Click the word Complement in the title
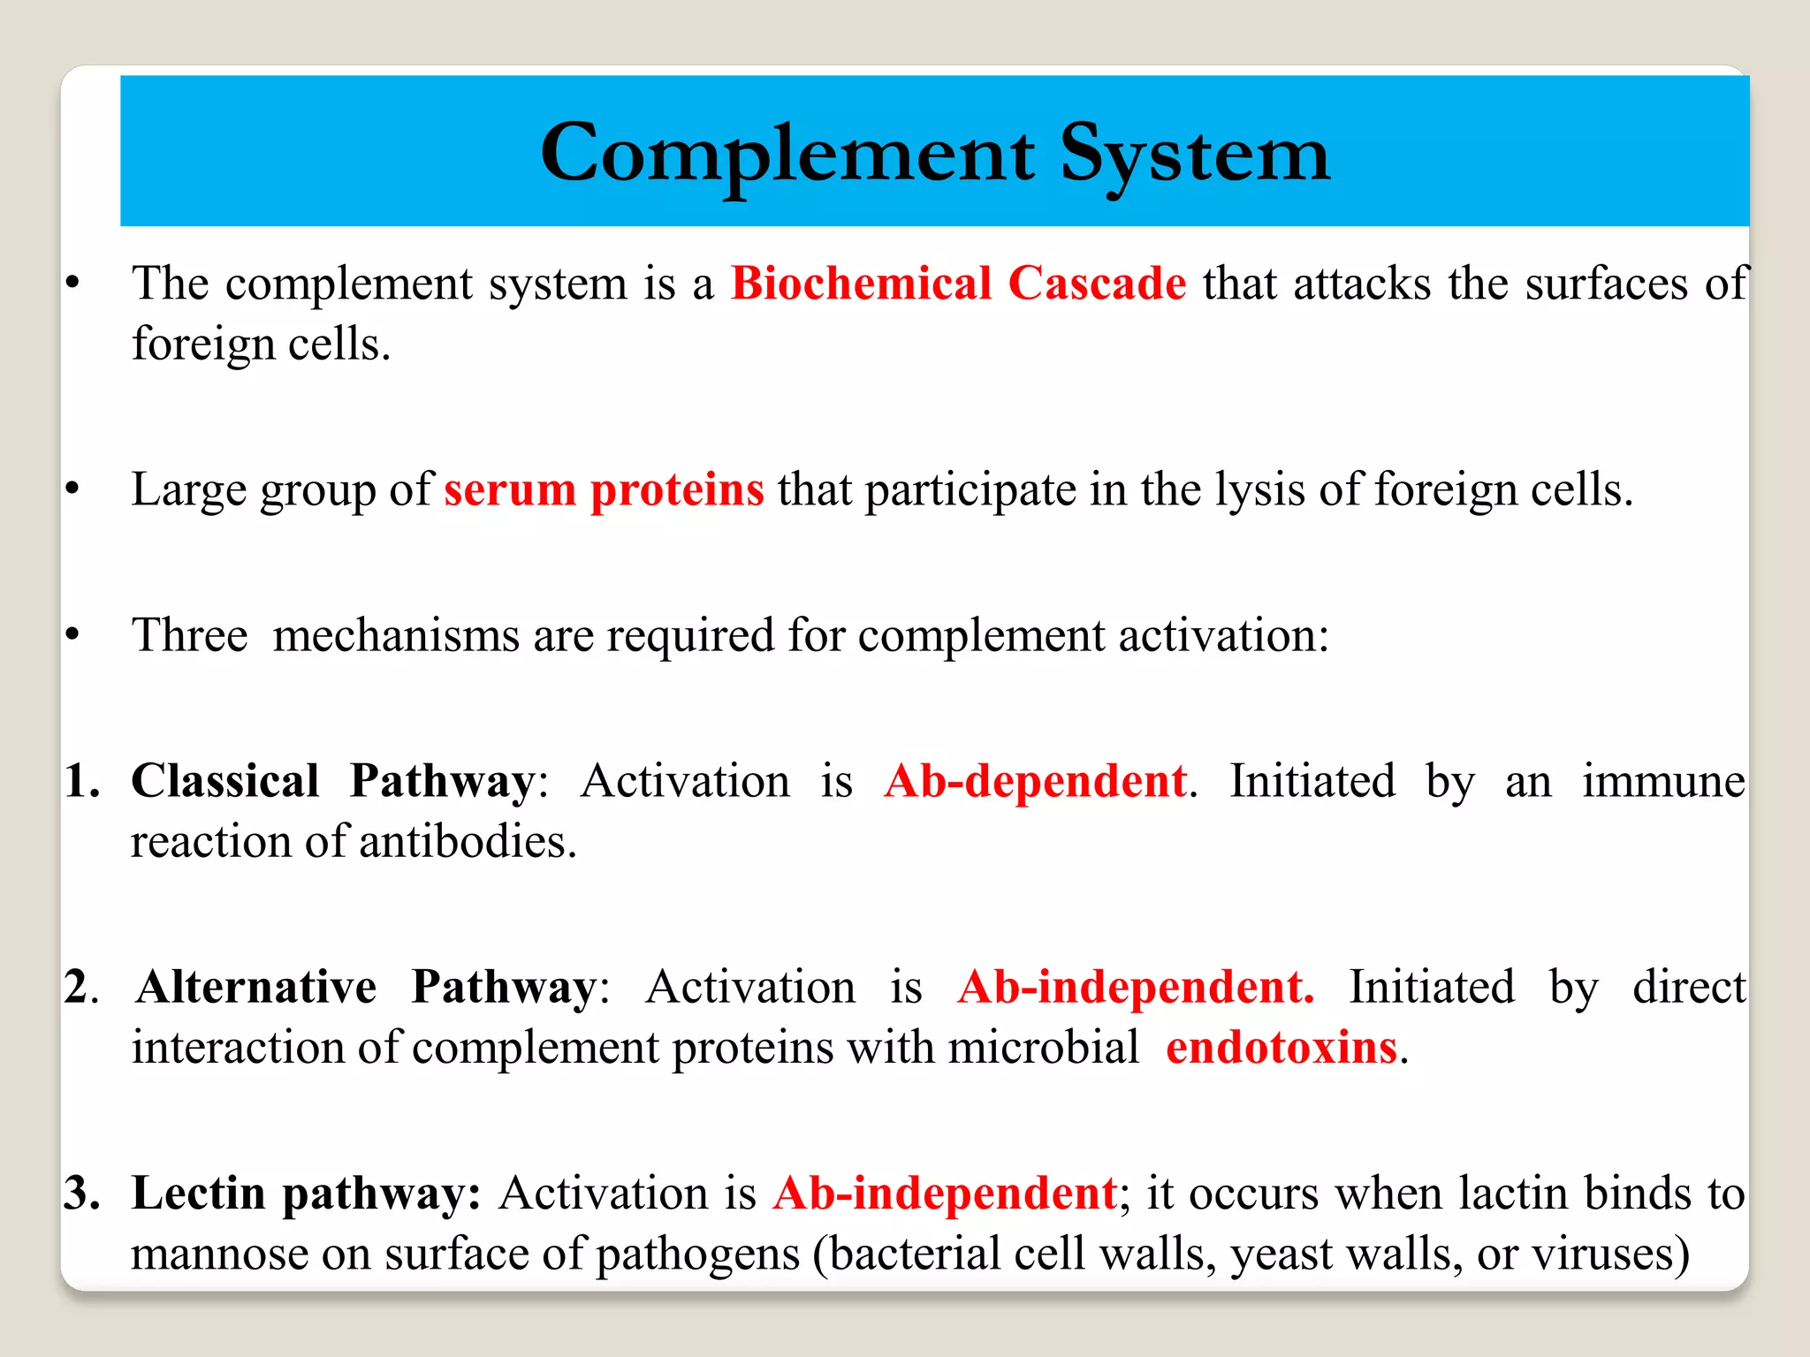(x=787, y=155)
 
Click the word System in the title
(x=1195, y=155)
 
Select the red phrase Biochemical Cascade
(x=958, y=284)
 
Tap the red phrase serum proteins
(x=604, y=490)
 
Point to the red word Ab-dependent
(x=1036, y=782)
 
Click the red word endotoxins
(x=1281, y=1049)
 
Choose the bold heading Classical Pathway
(x=332, y=782)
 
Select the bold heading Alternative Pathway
(x=367, y=988)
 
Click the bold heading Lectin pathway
(x=306, y=1194)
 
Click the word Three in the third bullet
(x=190, y=636)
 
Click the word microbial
(x=1044, y=1049)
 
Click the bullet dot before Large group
(x=73, y=489)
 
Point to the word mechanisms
(x=395, y=636)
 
